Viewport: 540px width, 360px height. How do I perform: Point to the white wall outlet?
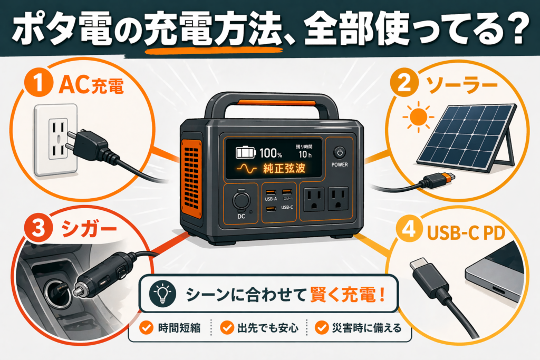tap(56, 139)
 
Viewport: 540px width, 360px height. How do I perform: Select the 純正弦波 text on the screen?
tap(285, 170)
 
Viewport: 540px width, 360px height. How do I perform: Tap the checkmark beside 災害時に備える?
tap(321, 328)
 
